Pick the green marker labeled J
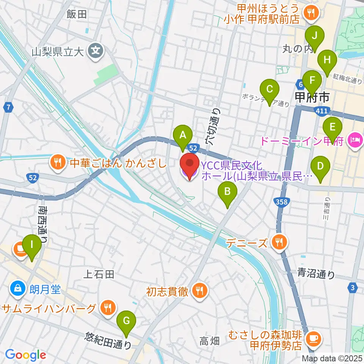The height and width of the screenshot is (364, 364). click(x=315, y=36)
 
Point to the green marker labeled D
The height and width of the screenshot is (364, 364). click(x=320, y=166)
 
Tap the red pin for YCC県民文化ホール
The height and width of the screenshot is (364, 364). click(x=189, y=165)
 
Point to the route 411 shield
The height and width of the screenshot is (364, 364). click(x=320, y=110)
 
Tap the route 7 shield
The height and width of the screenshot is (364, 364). click(x=8, y=108)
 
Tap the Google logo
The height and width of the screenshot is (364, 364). click(x=25, y=355)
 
